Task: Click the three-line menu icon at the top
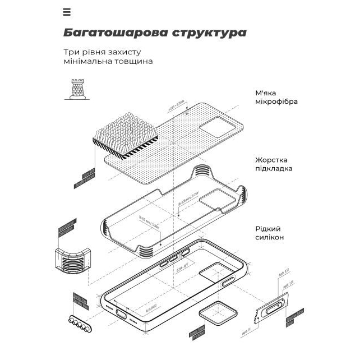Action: click(67, 12)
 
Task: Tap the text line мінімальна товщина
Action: click(108, 61)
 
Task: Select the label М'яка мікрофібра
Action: click(276, 97)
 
